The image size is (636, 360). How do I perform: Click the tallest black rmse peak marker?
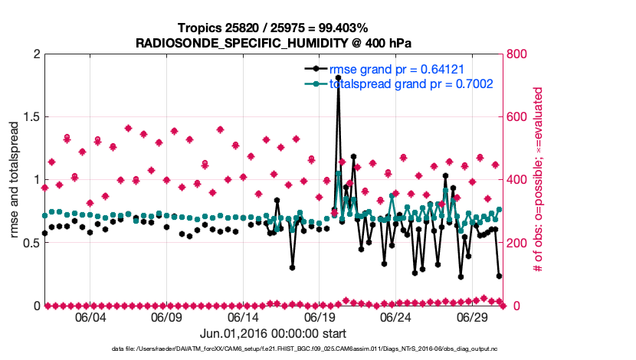coord(338,77)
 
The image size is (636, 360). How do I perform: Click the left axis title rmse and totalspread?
coord(15,180)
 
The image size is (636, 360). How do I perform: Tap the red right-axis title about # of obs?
coord(538,180)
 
